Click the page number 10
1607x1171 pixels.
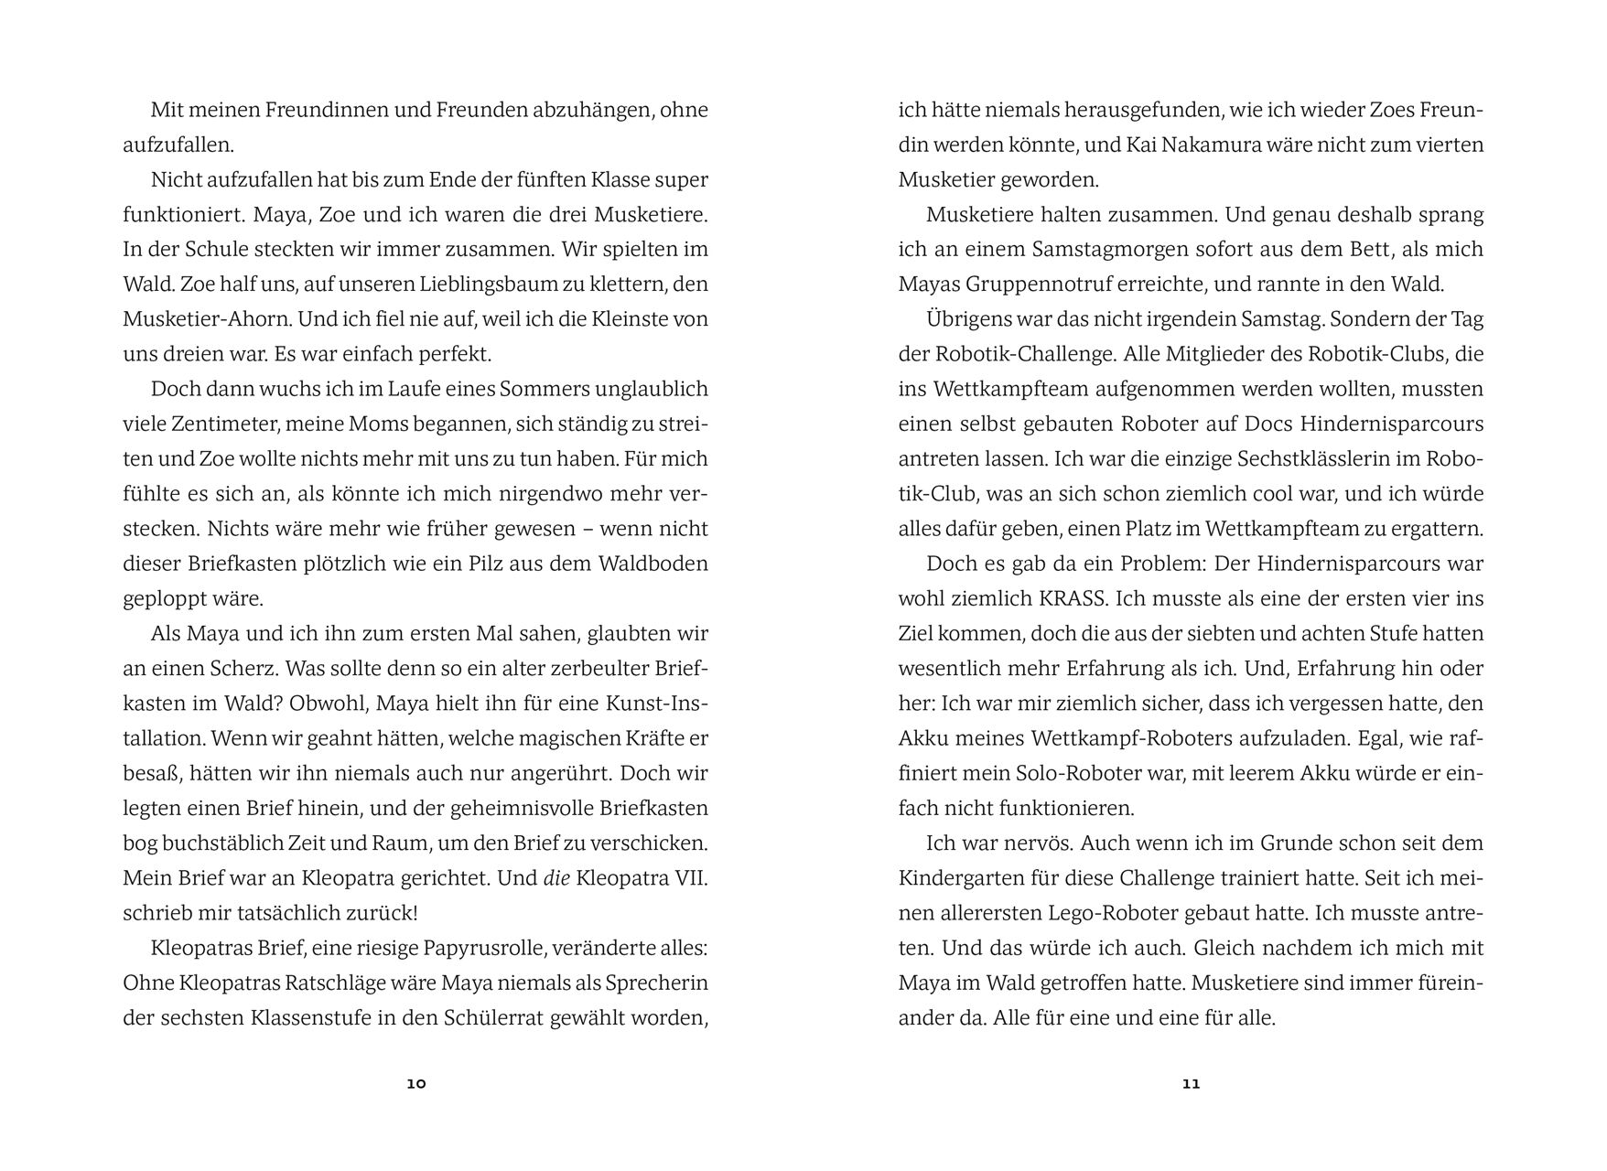pyautogui.click(x=416, y=1084)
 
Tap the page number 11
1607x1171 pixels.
pyautogui.click(x=1191, y=1084)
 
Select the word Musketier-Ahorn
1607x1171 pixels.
pyautogui.click(x=193, y=319)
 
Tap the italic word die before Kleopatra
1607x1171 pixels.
pyautogui.click(x=556, y=878)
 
